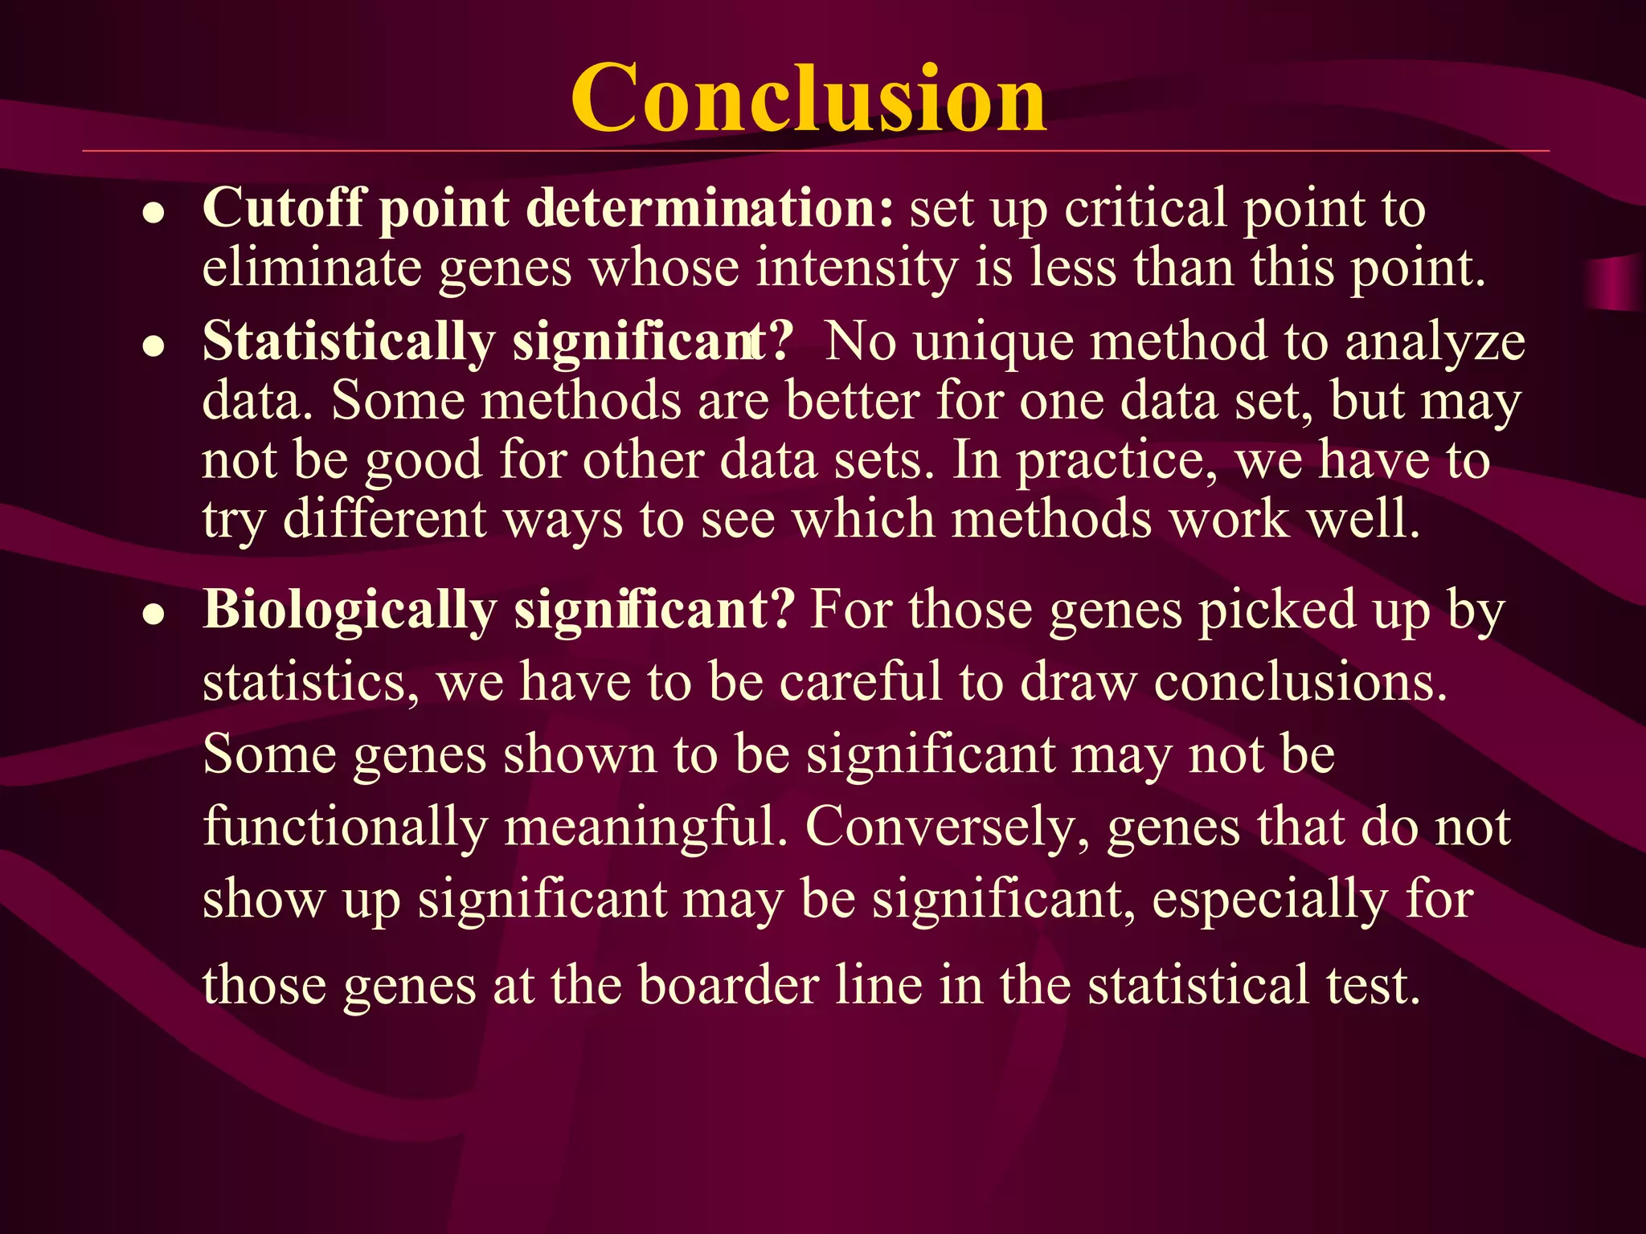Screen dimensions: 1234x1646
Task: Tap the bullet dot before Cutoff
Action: [154, 214]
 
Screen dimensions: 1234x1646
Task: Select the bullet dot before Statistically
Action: [154, 346]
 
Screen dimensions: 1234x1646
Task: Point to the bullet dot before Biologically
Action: [154, 615]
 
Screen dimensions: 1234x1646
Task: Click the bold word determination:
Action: [710, 209]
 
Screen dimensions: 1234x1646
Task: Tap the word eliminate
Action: [312, 268]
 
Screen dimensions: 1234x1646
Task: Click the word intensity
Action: [856, 268]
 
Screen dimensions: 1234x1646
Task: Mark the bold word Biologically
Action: [350, 611]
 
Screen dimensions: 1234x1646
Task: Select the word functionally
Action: [346, 827]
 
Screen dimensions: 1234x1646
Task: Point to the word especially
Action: [1269, 900]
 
